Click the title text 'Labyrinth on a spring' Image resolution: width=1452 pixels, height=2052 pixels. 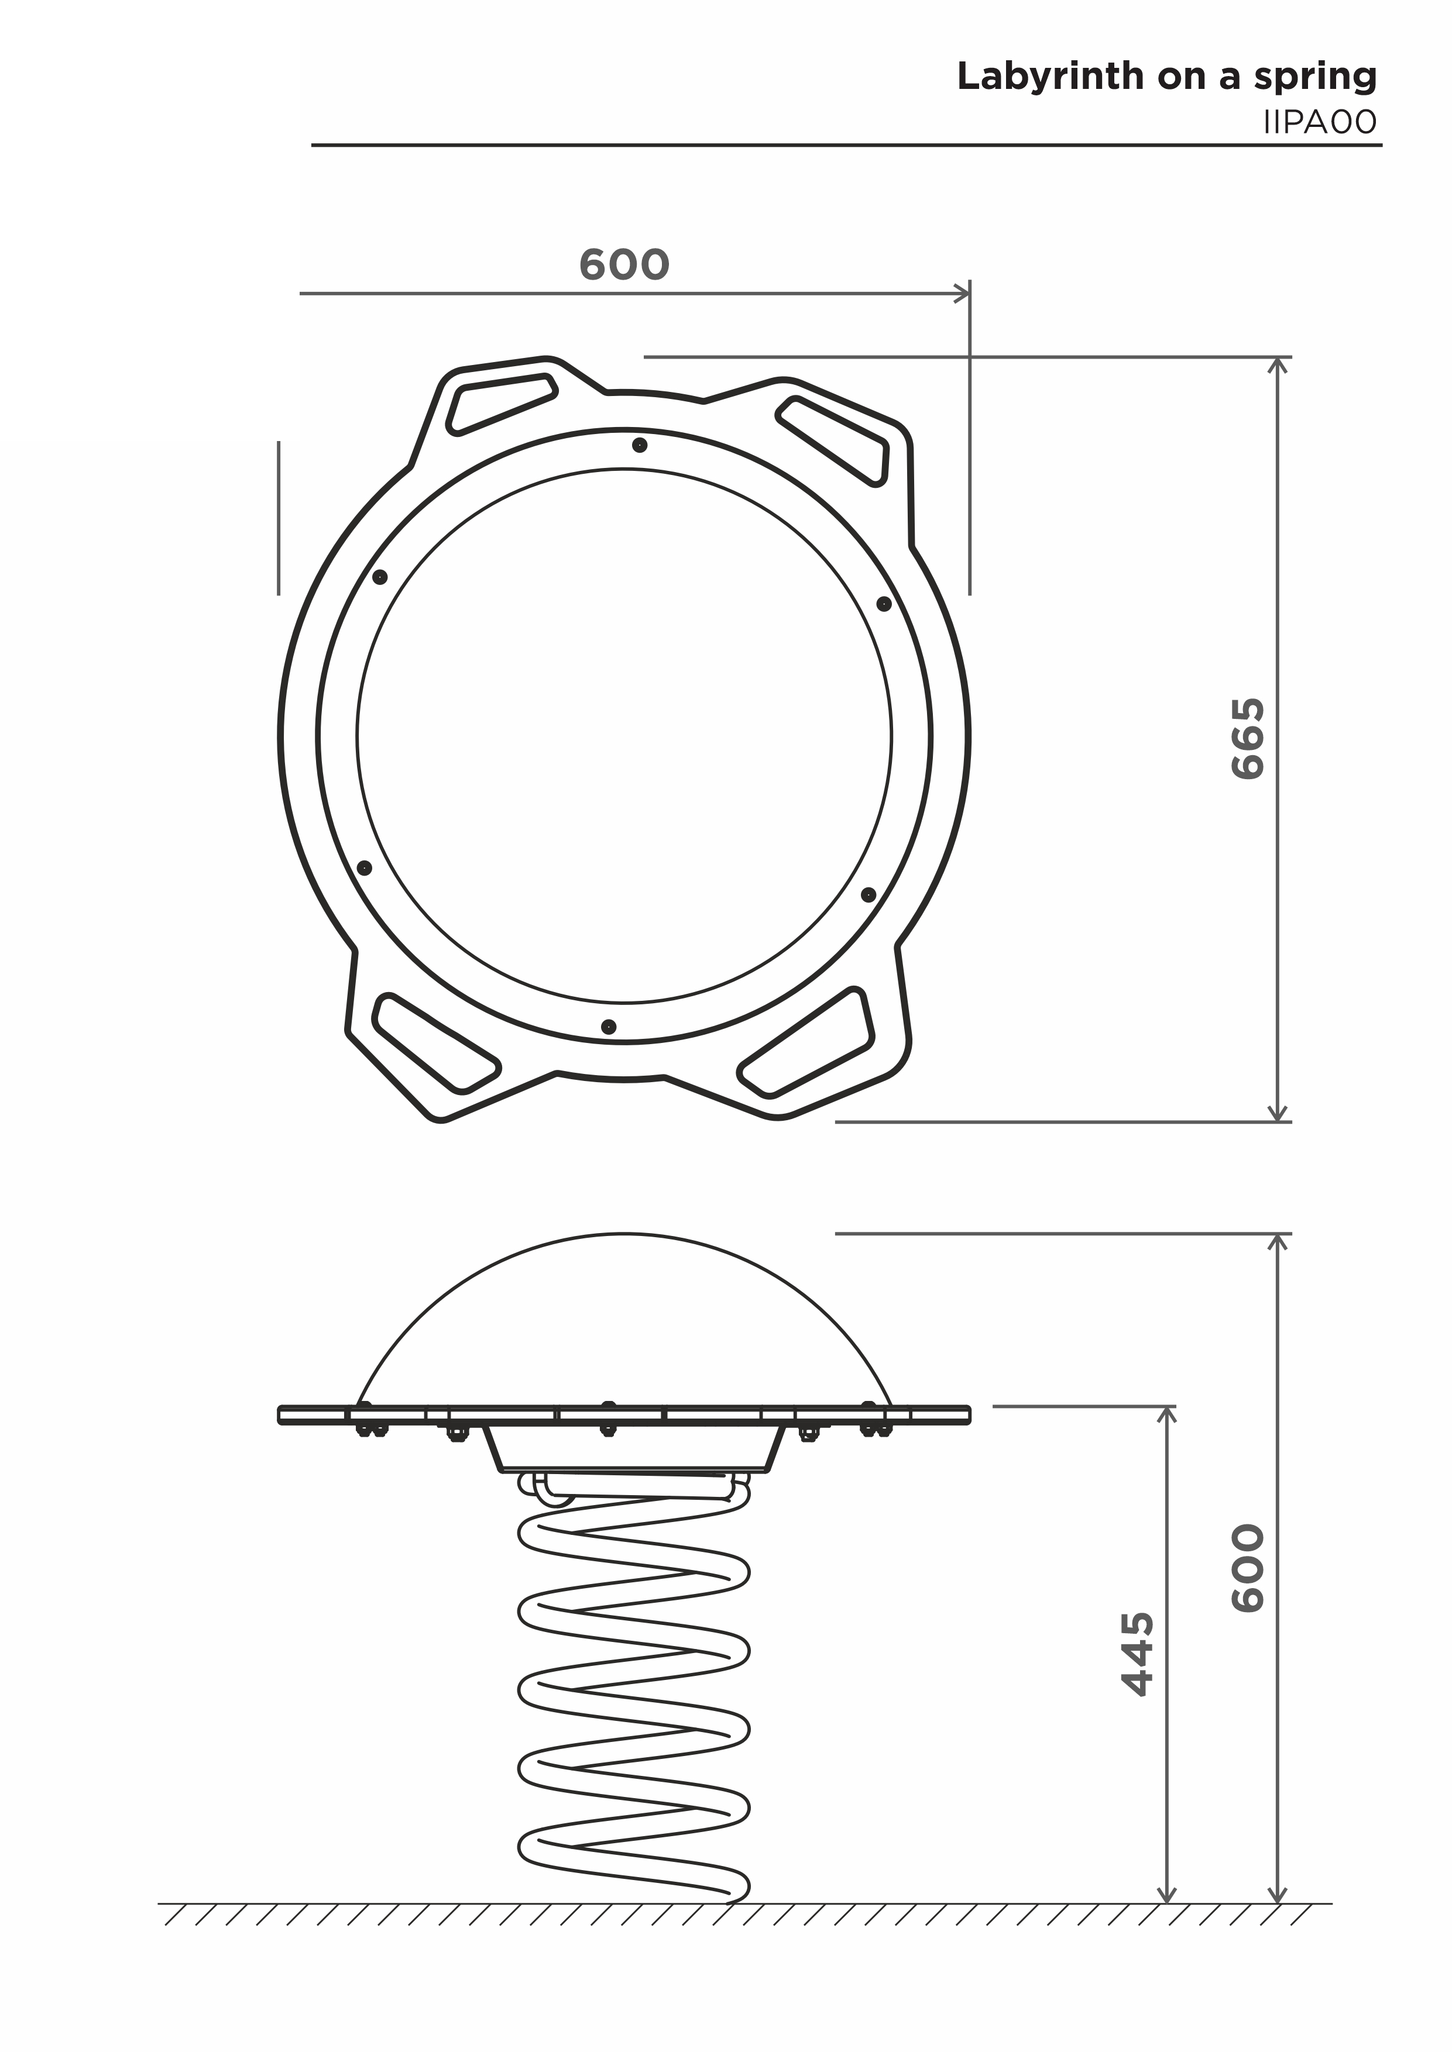[1167, 78]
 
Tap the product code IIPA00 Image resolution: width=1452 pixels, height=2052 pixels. [1320, 122]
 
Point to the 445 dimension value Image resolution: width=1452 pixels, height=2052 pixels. [1137, 1654]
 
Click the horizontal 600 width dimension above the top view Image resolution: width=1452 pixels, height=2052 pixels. [624, 264]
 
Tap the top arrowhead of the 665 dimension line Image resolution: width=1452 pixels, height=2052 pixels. [1279, 364]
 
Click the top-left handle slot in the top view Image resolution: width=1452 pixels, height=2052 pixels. [501, 404]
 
